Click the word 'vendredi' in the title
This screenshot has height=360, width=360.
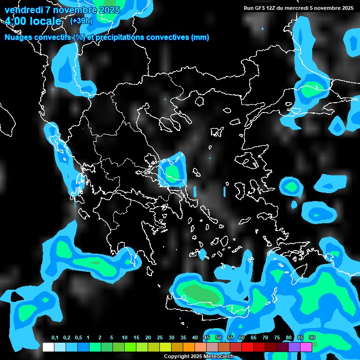point(22,10)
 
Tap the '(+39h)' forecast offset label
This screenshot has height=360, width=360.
point(81,21)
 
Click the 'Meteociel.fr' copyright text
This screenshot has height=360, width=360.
point(217,356)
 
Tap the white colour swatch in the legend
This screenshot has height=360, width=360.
point(48,347)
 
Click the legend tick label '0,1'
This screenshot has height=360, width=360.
point(54,338)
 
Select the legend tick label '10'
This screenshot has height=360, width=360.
point(124,338)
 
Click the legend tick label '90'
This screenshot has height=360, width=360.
point(312,338)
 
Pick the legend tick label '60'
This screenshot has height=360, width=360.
point(241,338)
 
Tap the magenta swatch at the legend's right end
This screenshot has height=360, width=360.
point(306,347)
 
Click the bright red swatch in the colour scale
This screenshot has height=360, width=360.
point(247,347)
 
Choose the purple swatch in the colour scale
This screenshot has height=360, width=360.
point(294,347)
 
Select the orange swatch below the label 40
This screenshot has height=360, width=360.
point(189,347)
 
